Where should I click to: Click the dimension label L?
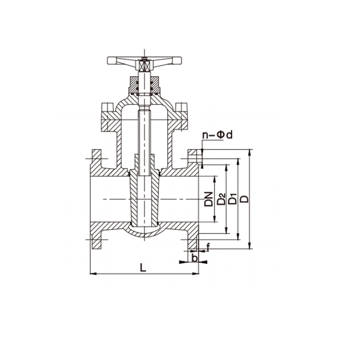(x=143, y=267)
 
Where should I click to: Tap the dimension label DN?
(x=209, y=199)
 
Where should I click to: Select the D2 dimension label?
(x=221, y=199)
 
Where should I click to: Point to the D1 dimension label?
(x=233, y=199)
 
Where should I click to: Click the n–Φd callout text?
(x=217, y=135)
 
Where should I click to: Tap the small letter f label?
(x=208, y=247)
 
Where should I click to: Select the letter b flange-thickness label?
(x=195, y=258)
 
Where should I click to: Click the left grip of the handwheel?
(x=112, y=60)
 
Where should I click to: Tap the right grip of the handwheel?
(x=176, y=60)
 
